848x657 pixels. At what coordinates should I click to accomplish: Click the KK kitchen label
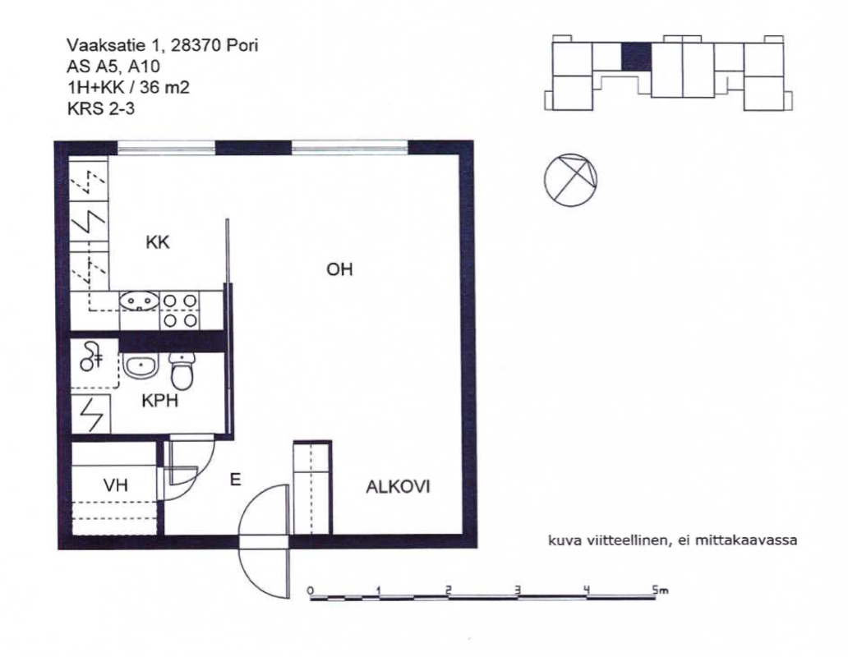click(158, 242)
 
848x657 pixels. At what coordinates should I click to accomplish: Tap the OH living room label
click(339, 269)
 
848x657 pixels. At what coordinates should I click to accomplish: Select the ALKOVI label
click(398, 487)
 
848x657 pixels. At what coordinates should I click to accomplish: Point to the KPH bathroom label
click(160, 401)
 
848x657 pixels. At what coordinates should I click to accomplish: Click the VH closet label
click(116, 485)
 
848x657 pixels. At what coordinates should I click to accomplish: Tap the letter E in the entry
click(235, 480)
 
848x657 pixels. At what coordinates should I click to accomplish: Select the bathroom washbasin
click(141, 365)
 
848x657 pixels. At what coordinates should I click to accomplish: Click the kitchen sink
click(140, 301)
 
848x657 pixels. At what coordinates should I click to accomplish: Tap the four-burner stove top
click(180, 310)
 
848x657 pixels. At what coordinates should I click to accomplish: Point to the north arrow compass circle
click(570, 180)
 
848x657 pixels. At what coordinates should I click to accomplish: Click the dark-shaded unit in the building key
click(636, 57)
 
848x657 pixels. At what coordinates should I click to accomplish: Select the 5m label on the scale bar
click(660, 590)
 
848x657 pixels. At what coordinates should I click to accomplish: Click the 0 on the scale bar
click(311, 590)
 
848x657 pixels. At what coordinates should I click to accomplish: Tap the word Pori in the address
click(242, 45)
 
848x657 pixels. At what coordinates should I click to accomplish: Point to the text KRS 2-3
click(100, 108)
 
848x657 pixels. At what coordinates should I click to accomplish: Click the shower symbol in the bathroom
click(91, 356)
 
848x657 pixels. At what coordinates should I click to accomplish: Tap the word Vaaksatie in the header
click(97, 45)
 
